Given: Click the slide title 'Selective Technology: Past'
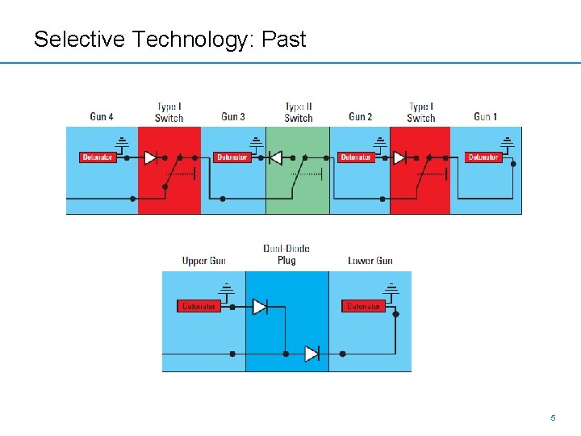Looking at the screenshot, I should tap(169, 39).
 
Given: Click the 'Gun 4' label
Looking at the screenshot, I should tap(102, 117).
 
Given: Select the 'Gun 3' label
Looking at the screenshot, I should tap(233, 117).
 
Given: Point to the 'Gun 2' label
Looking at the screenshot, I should tap(361, 117).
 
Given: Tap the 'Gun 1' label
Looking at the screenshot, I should tap(485, 117).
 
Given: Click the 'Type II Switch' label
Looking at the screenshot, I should tap(298, 112).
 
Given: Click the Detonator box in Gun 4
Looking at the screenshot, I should tap(98, 157).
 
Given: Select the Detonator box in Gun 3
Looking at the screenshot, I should tap(232, 157).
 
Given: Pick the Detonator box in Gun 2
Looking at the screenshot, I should tap(357, 157).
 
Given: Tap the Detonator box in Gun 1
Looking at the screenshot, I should tap(483, 157).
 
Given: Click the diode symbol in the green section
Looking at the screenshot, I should tap(275, 157).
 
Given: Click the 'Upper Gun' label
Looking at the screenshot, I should tap(204, 261).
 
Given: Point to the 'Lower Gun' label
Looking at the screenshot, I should tap(370, 261).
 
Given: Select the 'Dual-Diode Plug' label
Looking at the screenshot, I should tap(286, 254).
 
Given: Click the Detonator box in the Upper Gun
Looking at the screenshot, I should tap(199, 306).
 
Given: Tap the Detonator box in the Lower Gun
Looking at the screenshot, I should tap(364, 306).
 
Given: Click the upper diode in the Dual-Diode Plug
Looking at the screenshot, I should tap(259, 307).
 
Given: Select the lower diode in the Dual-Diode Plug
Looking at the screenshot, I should tap(311, 354).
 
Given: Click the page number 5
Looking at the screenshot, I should tap(553, 418).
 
